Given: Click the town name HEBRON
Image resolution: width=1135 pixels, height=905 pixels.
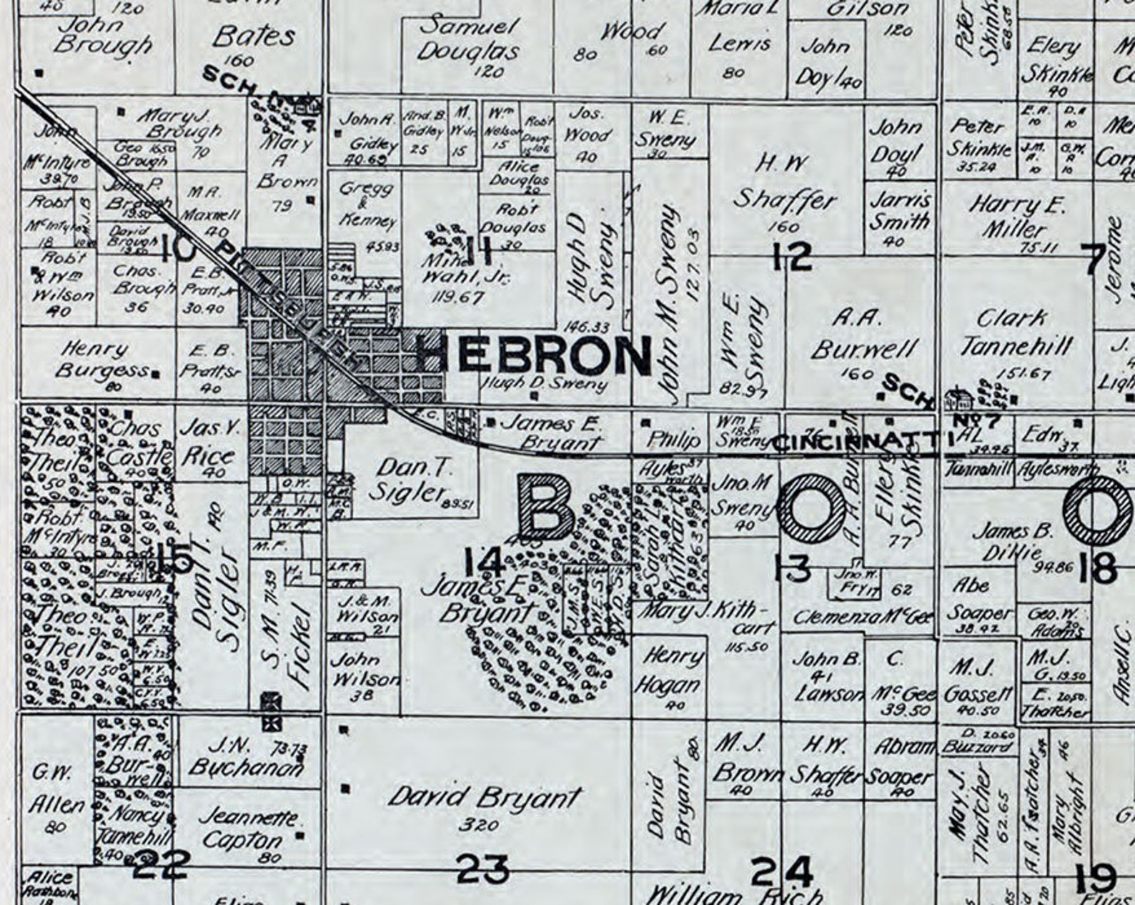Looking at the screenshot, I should coord(533,355).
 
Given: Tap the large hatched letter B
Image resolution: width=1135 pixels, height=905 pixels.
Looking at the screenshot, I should coord(547,507).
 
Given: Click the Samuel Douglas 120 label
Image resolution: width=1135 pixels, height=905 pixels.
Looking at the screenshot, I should coord(469,40).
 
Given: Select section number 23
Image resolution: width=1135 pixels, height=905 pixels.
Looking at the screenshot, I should coord(483,869).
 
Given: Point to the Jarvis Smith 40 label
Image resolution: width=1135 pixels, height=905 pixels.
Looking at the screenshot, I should coord(899,211).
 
